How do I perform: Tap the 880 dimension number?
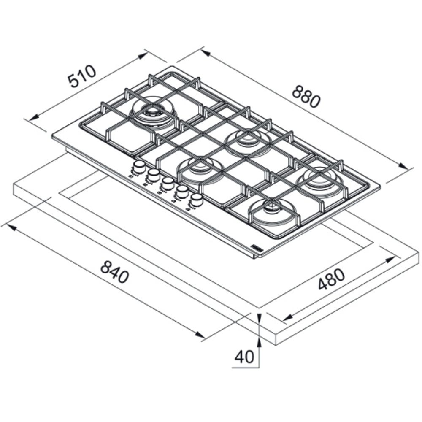coord(307,96)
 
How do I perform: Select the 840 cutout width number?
coord(115,272)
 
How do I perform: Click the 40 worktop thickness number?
coord(245,357)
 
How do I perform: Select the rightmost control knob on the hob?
coord(196,199)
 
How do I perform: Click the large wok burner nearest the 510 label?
coord(154,111)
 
